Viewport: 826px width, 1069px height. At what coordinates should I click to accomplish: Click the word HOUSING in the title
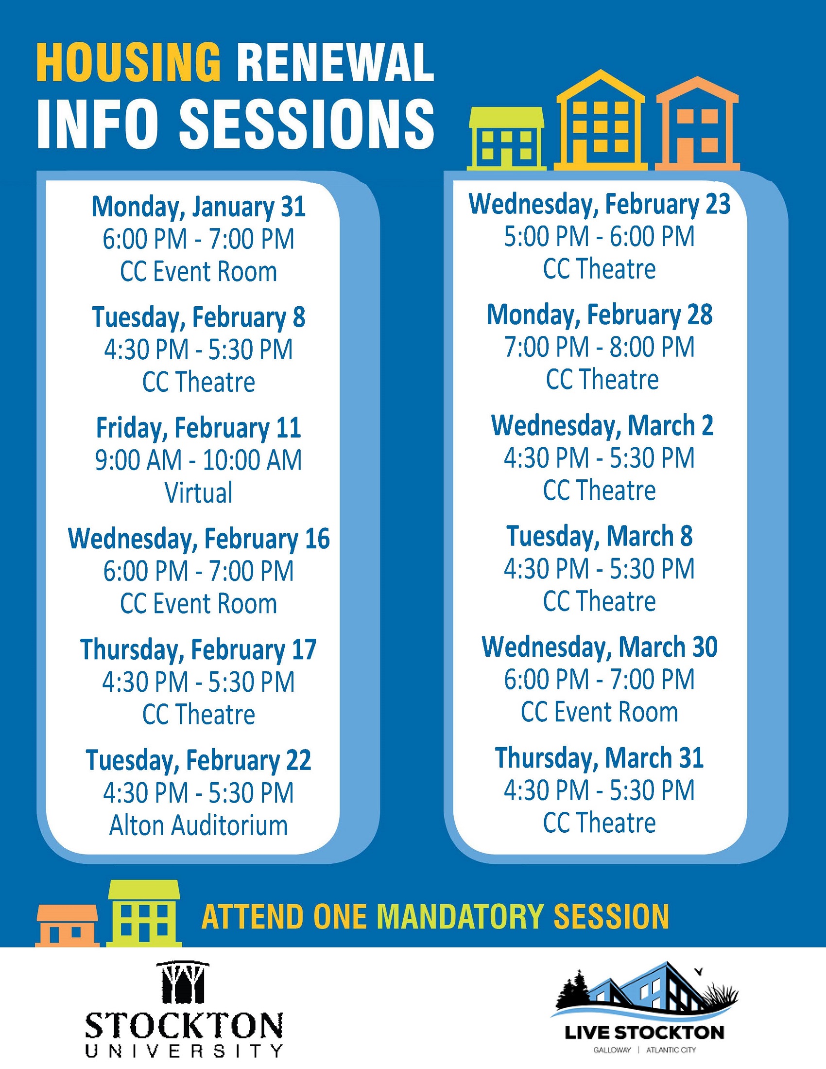tap(129, 63)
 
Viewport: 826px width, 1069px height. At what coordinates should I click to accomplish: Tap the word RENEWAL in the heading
tap(336, 63)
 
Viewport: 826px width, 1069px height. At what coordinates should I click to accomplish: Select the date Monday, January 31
tap(199, 207)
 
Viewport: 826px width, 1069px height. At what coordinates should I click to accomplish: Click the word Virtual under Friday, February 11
tap(199, 492)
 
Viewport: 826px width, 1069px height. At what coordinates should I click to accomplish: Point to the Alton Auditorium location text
tap(199, 825)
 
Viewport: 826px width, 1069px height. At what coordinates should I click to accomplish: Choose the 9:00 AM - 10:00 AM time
tap(199, 460)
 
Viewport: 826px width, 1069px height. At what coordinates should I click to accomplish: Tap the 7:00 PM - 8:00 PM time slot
tap(600, 347)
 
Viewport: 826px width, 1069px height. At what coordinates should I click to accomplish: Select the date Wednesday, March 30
tap(600, 647)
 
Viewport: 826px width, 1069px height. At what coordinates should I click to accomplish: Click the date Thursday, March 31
tap(600, 758)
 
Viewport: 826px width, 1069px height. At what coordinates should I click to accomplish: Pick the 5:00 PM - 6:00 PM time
tap(600, 236)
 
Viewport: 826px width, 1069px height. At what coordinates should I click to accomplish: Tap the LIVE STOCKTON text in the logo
tap(644, 1033)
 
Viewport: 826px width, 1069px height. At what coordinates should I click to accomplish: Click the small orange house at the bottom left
tap(68, 926)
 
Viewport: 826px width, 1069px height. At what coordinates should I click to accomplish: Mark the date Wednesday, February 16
tap(199, 539)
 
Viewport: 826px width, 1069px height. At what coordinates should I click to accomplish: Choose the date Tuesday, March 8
tap(600, 537)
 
